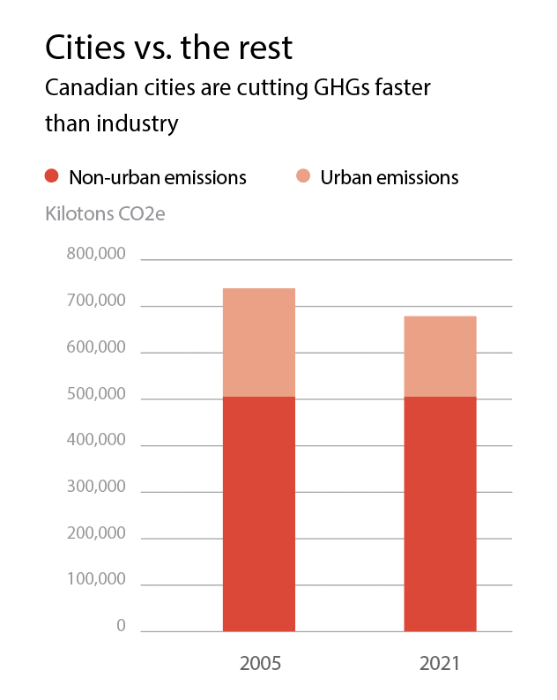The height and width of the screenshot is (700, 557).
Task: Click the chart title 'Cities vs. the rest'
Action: pyautogui.click(x=167, y=47)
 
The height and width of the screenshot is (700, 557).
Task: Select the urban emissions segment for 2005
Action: pyautogui.click(x=259, y=342)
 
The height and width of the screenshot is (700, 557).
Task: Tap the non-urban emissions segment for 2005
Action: pyautogui.click(x=259, y=514)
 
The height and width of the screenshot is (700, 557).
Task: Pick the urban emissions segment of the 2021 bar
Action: pyautogui.click(x=440, y=356)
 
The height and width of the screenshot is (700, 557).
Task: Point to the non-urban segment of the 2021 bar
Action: pyautogui.click(x=440, y=514)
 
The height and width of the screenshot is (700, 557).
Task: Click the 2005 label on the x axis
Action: pyautogui.click(x=260, y=663)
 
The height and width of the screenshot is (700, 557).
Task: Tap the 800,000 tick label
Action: pyautogui.click(x=96, y=256)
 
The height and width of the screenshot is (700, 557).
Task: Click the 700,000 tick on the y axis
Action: pyautogui.click(x=96, y=302)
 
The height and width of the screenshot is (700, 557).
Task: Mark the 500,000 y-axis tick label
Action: pyautogui.click(x=96, y=395)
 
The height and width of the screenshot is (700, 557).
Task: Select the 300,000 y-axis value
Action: pyautogui.click(x=96, y=488)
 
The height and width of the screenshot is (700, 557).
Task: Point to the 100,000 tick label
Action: pyautogui.click(x=96, y=580)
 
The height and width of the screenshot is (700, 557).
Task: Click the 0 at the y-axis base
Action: pyautogui.click(x=121, y=627)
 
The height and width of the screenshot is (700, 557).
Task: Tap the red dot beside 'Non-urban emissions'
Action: pyautogui.click(x=53, y=176)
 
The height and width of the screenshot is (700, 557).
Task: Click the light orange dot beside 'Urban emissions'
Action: pyautogui.click(x=303, y=176)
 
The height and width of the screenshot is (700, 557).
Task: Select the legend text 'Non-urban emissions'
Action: pyautogui.click(x=158, y=177)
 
